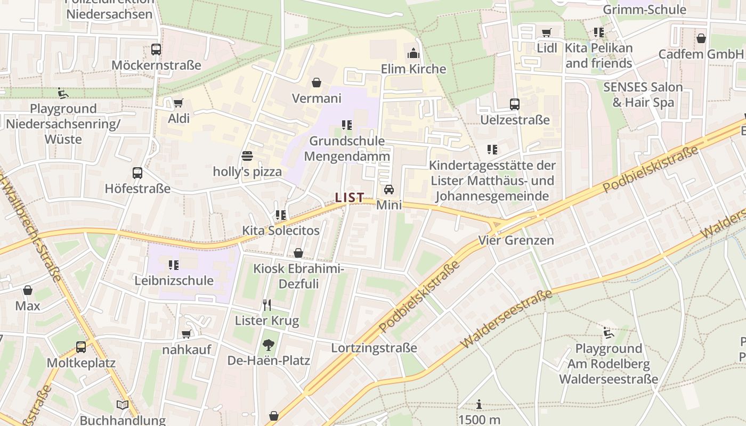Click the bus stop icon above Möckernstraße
[156, 50]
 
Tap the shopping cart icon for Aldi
[179, 103]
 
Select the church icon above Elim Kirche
[413, 53]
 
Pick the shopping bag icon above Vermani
[317, 83]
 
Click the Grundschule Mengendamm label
[347, 149]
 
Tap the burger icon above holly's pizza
[247, 156]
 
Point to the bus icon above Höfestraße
[137, 173]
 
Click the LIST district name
[350, 198]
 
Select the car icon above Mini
[389, 190]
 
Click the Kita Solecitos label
[281, 231]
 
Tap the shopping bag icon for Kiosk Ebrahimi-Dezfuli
[298, 253]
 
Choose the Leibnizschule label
[174, 281]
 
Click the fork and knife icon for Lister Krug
[267, 305]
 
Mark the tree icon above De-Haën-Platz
[269, 345]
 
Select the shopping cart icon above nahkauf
[186, 334]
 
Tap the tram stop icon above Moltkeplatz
[81, 347]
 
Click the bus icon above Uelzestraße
[515, 104]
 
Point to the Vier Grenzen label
[516, 240]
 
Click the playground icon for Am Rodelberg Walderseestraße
[608, 333]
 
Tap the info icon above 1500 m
[479, 405]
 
